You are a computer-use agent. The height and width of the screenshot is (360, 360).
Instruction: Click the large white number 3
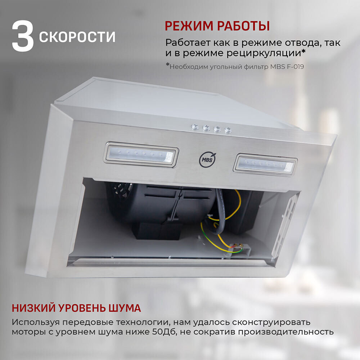coord(23,36)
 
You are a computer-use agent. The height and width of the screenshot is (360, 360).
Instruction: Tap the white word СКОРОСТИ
coord(77,37)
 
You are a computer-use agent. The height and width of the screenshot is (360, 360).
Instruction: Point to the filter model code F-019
coord(295,67)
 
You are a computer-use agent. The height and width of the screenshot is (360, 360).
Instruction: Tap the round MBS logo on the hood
coord(207,159)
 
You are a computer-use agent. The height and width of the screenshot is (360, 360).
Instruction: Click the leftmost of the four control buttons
coord(195,126)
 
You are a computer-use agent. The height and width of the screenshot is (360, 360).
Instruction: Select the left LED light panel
coord(141,154)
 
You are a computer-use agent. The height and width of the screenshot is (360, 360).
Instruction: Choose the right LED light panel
coord(265,165)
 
